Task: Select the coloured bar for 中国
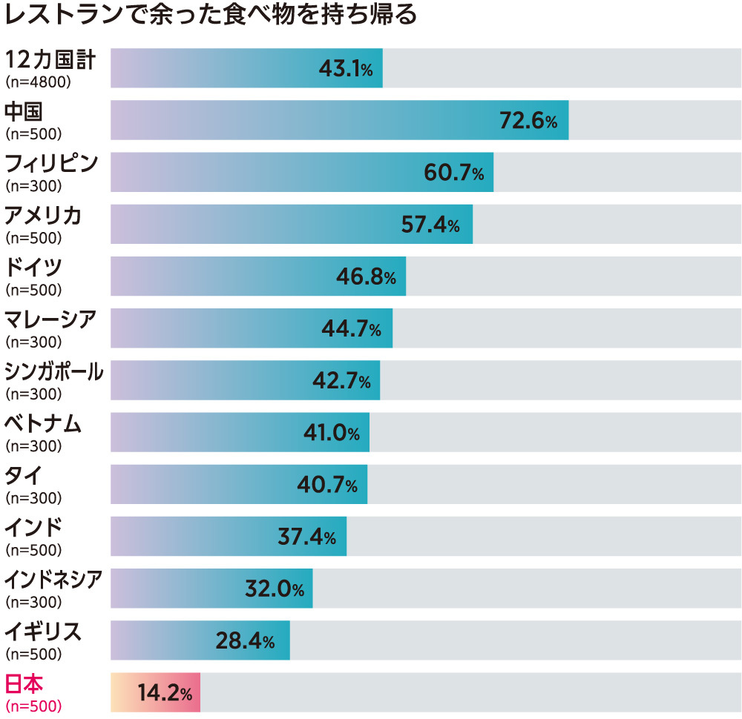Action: point(339,120)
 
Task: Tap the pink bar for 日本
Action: point(155,692)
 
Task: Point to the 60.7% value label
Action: point(453,173)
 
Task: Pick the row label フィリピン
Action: point(51,163)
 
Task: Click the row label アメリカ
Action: point(43,216)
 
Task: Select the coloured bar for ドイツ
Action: point(257,276)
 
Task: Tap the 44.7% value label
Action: point(351,329)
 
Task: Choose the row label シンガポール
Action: point(53,371)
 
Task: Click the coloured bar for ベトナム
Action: point(240,432)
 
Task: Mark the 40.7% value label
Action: point(326,486)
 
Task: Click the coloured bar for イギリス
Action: point(200,640)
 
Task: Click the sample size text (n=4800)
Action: point(38,82)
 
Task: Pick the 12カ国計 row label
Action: point(50,59)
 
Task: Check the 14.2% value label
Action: point(165,694)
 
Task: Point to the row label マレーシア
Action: point(50,319)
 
